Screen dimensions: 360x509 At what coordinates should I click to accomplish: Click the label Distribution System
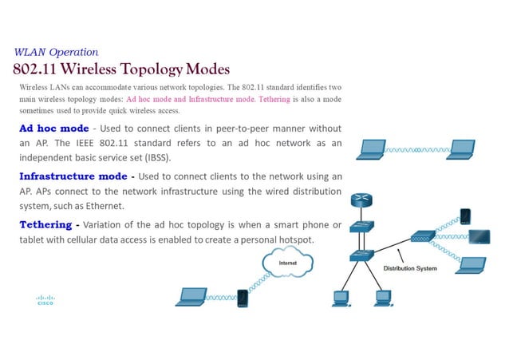(411, 268)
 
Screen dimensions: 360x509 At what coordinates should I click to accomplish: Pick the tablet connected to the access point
(479, 236)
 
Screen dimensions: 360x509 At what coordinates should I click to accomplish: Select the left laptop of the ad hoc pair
(373, 148)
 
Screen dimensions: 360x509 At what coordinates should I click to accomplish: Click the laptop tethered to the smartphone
(191, 296)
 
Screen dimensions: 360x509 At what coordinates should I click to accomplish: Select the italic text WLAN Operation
(56, 52)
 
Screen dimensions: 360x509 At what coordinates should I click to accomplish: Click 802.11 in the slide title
(39, 69)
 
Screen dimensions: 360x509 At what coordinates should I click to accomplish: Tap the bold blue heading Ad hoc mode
(53, 129)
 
